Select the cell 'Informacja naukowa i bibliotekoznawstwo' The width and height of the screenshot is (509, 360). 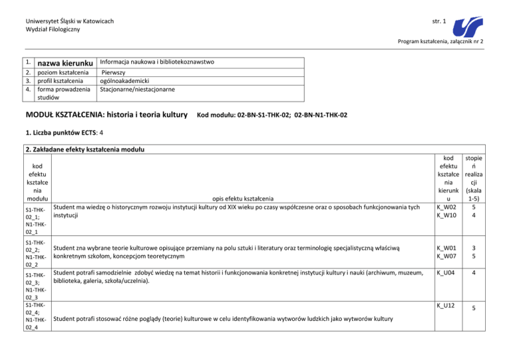tap(156, 62)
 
